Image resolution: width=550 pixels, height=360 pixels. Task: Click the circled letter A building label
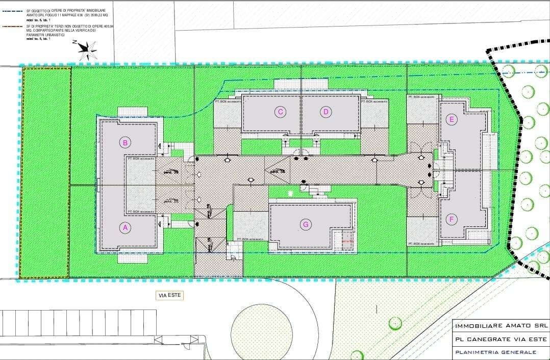coord(125,228)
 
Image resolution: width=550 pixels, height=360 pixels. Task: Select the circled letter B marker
coord(125,142)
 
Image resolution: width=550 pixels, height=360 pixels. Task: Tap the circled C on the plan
coord(280,112)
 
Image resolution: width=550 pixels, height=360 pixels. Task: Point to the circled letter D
coord(326,112)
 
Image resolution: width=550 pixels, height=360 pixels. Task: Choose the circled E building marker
coord(451,120)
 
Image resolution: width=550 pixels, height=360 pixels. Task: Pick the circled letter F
coord(451,220)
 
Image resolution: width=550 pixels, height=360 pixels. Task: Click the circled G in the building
coord(306,224)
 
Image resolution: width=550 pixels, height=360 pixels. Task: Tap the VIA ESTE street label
coord(169,295)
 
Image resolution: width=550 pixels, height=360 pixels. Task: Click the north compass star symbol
coord(88,48)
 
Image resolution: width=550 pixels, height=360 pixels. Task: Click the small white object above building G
coord(291,194)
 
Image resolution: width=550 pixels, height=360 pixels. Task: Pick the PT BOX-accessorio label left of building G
coord(250,239)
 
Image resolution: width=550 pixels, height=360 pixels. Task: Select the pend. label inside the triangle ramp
coord(277,171)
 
